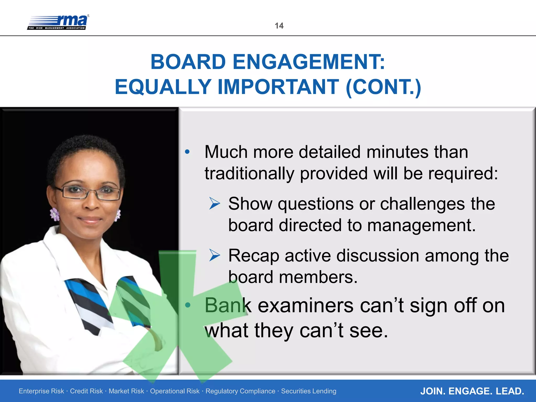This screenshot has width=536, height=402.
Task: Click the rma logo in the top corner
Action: (x=58, y=23)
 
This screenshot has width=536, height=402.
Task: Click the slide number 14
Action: (x=279, y=26)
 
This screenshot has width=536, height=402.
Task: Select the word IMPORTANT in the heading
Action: (x=278, y=87)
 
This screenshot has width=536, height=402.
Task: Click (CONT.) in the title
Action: (x=383, y=87)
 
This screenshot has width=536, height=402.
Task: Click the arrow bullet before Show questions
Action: (x=215, y=204)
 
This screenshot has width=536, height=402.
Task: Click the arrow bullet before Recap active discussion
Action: (x=215, y=255)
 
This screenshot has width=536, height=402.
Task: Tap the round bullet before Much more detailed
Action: (x=187, y=152)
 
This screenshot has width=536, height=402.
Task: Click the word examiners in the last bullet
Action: (x=305, y=305)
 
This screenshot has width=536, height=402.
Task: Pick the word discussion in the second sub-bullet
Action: (x=378, y=256)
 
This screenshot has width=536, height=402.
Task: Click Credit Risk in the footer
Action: (x=86, y=391)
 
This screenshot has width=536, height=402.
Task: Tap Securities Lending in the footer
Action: (x=309, y=391)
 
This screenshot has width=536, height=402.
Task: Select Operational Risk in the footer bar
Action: (x=175, y=391)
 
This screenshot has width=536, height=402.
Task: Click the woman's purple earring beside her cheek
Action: (x=55, y=214)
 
